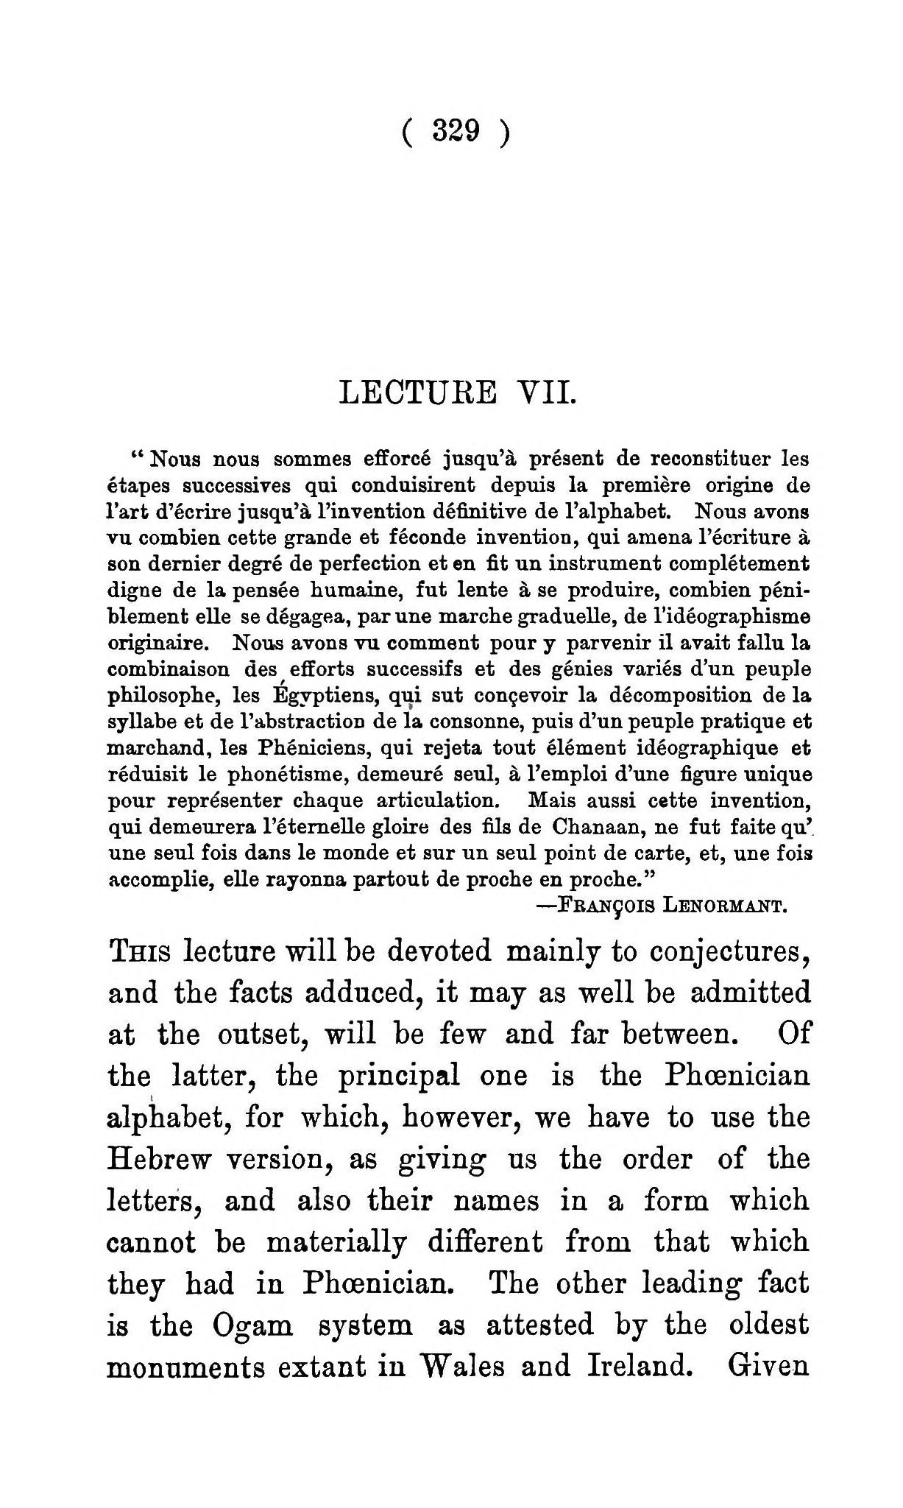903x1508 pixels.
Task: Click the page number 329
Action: pos(456,132)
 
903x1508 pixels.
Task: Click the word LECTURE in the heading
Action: pos(417,392)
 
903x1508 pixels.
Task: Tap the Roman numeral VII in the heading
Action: pos(545,392)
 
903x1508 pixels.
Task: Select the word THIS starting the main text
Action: pos(140,952)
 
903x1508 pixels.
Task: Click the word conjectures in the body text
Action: pos(743,952)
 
